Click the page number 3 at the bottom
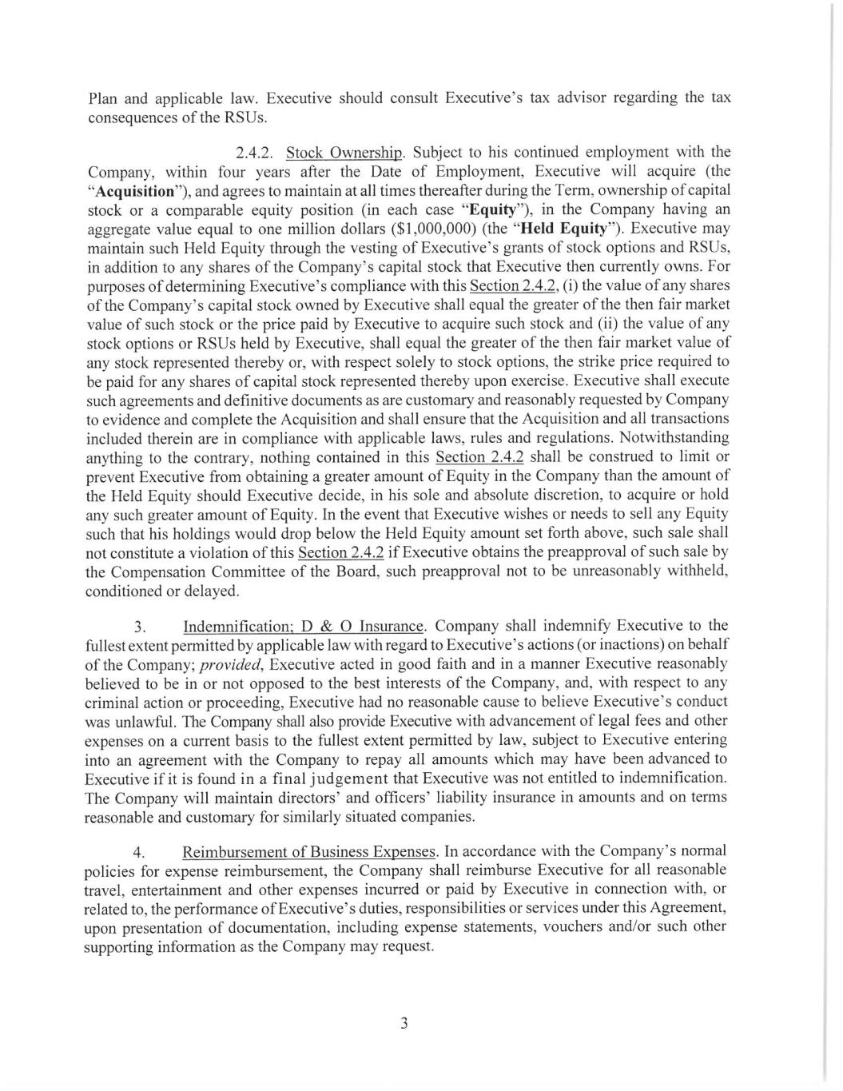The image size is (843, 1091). tap(404, 1023)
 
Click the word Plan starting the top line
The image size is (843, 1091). tap(102, 98)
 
